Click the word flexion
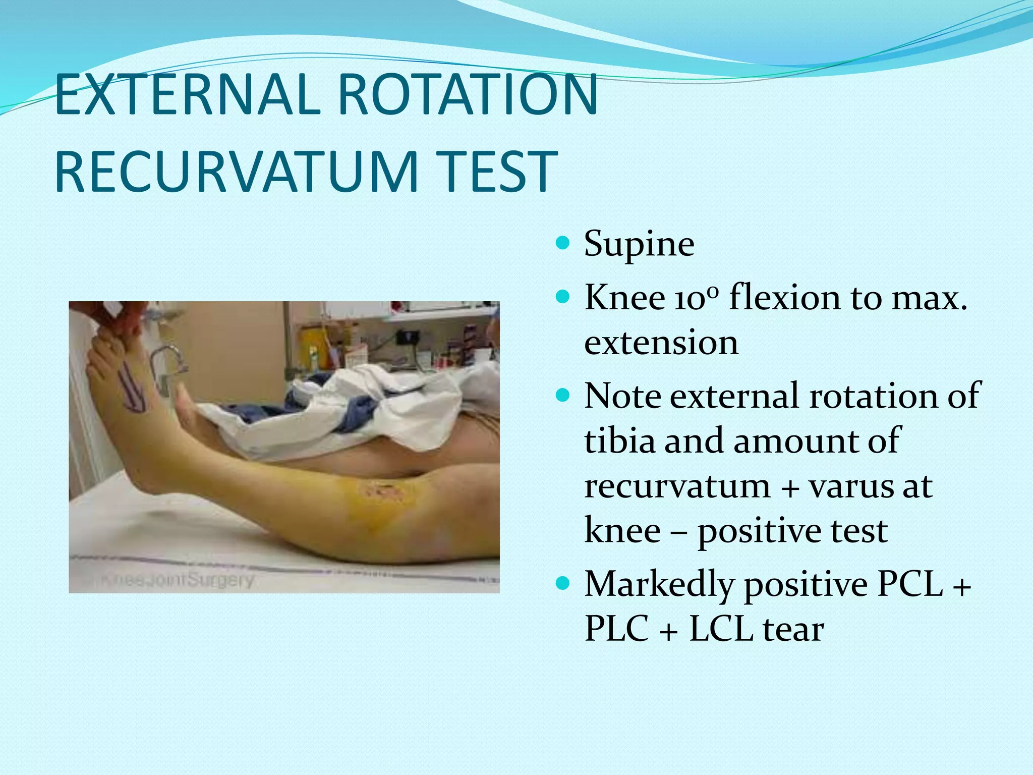785,298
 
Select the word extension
661,343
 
